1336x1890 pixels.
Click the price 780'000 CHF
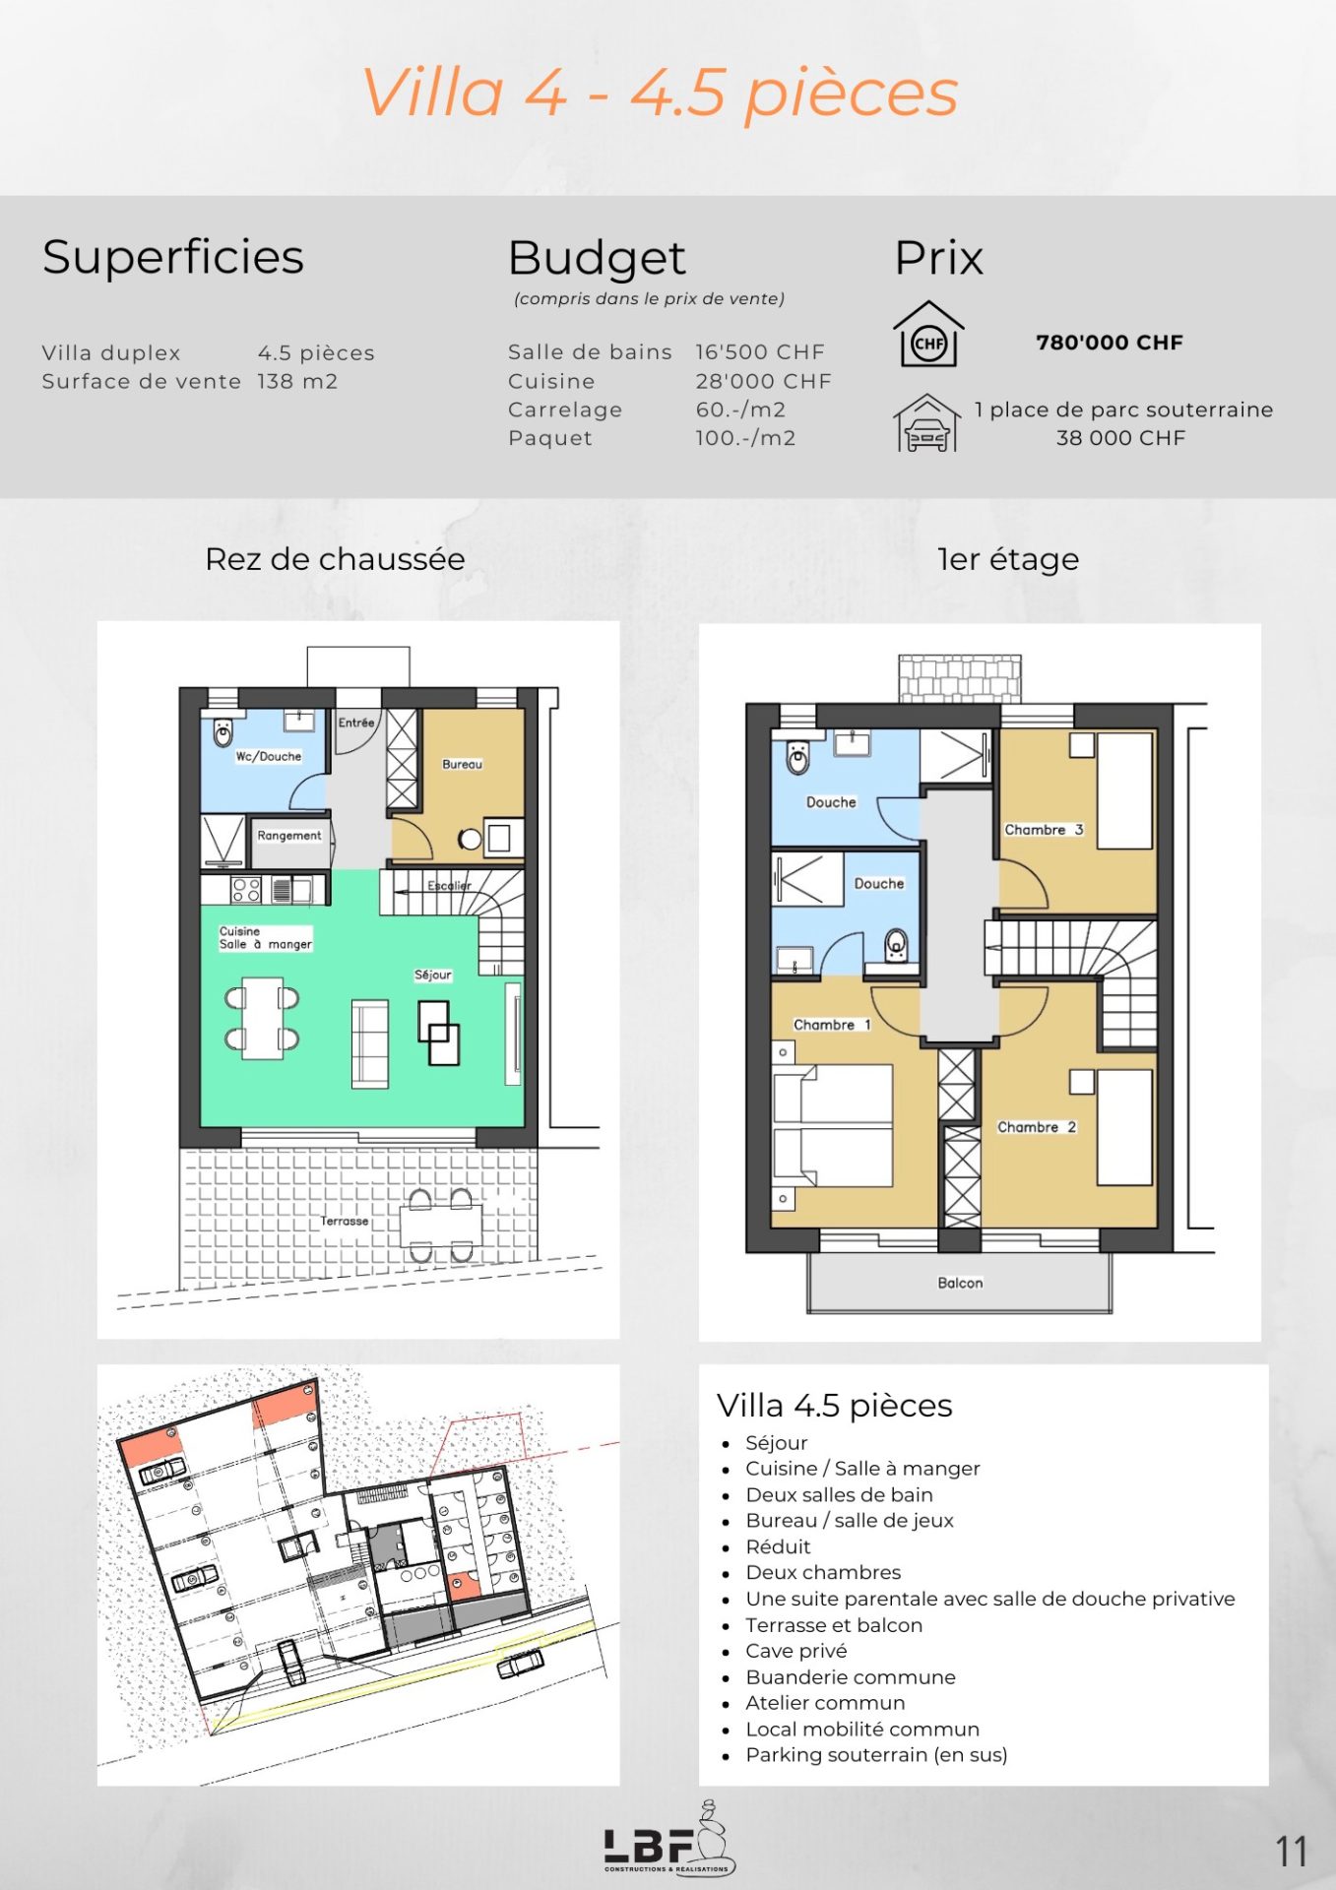[x=1110, y=343]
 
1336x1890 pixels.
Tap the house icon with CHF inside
[x=928, y=334]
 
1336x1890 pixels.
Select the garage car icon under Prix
[x=927, y=422]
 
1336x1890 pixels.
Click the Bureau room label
[x=462, y=764]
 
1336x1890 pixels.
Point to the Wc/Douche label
[x=268, y=756]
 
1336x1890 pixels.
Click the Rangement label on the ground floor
[x=288, y=836]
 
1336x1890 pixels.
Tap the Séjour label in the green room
[x=433, y=975]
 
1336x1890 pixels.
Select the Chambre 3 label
[x=1044, y=830]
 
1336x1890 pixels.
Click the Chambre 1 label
[x=832, y=1025]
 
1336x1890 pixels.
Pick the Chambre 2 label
[x=1037, y=1127]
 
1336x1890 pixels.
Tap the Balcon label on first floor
[x=960, y=1283]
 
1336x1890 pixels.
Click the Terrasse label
[x=345, y=1221]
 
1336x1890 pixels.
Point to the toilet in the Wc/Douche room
[x=223, y=731]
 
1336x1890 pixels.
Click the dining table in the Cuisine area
[x=263, y=1018]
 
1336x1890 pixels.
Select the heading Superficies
[x=173, y=258]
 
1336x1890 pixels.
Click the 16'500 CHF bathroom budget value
[x=760, y=351]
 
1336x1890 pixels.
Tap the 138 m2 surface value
[x=297, y=381]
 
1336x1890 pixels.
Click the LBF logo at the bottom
[x=669, y=1839]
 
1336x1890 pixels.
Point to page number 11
[x=1292, y=1852]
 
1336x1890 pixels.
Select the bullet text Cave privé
[x=795, y=1651]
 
